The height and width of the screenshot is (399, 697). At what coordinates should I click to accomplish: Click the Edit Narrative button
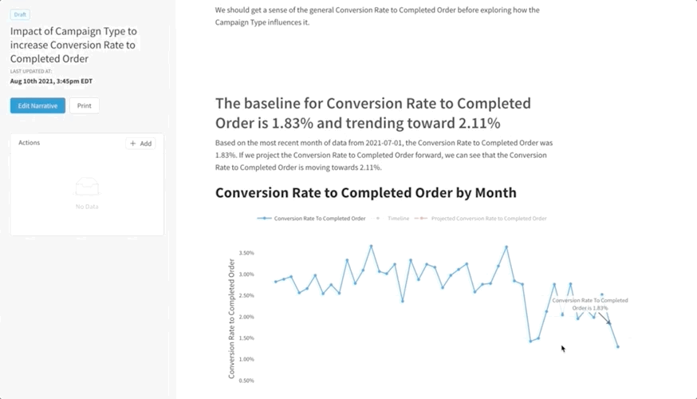(x=37, y=105)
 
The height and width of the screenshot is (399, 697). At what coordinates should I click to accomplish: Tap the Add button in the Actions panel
(x=140, y=144)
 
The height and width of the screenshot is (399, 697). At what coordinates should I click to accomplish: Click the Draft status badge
(x=20, y=14)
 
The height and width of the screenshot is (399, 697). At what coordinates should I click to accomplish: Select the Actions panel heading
(x=29, y=143)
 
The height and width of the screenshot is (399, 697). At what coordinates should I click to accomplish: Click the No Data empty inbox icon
(x=87, y=188)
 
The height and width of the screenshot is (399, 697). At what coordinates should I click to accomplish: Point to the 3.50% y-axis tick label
(x=246, y=253)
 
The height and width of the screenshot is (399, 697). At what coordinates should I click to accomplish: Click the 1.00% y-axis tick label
(x=246, y=359)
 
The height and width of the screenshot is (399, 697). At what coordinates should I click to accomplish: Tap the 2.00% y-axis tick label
(x=246, y=317)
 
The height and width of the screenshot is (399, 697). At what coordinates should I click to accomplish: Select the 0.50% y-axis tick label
(x=246, y=381)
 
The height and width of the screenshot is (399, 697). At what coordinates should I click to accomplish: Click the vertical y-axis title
(x=232, y=318)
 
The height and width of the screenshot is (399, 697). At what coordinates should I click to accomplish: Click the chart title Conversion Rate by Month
(x=366, y=192)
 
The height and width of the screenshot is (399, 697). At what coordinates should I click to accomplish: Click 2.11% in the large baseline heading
(x=478, y=123)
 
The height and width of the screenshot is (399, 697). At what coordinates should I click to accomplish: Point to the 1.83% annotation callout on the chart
(x=590, y=304)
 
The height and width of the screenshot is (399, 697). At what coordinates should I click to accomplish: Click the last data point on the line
(x=617, y=346)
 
